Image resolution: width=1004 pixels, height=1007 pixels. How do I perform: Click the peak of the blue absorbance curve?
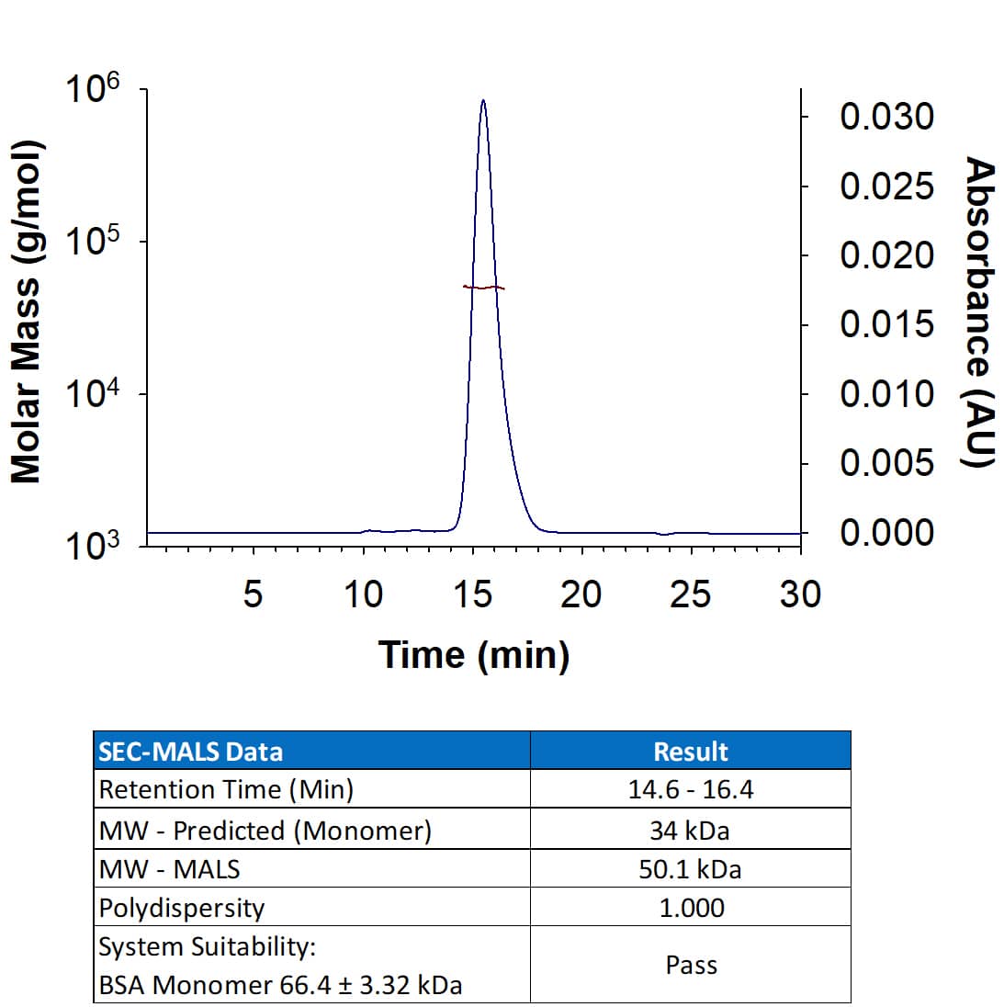coord(483,101)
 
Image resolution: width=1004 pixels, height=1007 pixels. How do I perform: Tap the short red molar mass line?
coord(484,288)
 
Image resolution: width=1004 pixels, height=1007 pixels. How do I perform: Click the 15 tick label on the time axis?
coord(472,595)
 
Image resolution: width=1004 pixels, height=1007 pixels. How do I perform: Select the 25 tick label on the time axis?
coord(690,595)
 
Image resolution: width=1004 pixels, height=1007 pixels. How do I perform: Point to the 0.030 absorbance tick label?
coord(886,117)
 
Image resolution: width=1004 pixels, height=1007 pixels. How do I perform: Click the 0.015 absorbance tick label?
coord(886,324)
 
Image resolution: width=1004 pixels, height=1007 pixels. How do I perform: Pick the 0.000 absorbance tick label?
coord(886,532)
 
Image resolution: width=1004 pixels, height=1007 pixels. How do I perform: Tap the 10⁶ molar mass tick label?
coord(93,92)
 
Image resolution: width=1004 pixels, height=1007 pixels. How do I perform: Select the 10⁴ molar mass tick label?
coord(93,397)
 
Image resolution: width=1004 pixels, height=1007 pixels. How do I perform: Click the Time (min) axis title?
coord(474,655)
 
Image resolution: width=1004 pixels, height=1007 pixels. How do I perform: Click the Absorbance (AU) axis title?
coord(979,312)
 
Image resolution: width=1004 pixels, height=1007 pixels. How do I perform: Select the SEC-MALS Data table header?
coord(191,752)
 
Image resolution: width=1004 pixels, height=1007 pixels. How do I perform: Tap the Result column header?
coord(690,752)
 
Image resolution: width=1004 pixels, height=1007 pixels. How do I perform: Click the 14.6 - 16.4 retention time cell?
coord(690,789)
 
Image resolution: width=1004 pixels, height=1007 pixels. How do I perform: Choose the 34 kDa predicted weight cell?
coord(690,831)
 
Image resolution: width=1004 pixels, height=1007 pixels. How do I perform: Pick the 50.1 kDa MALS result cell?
coord(690,869)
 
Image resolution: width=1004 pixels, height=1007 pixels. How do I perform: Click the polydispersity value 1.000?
coord(691,908)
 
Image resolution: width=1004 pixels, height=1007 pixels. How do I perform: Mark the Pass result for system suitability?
coord(691,965)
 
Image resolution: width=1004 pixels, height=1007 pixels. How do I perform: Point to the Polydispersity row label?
coord(182,908)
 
